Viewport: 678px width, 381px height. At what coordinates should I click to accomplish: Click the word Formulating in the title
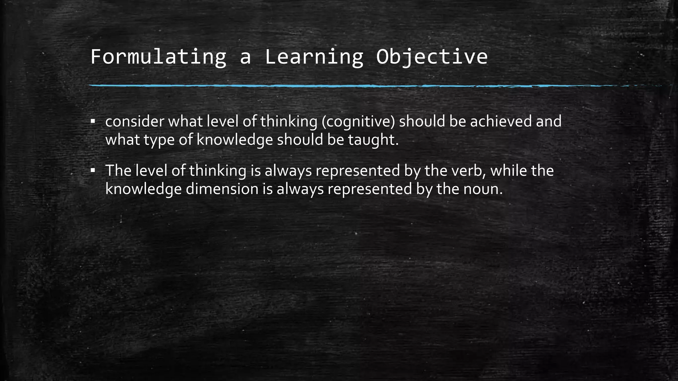158,57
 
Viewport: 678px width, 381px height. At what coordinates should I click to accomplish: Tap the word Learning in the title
314,57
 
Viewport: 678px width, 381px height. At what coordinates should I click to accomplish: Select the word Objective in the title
432,57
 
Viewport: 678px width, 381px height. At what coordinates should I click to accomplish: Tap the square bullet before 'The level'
93,170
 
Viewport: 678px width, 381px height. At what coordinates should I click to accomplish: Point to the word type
159,140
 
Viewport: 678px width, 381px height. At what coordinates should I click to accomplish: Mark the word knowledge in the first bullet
235,140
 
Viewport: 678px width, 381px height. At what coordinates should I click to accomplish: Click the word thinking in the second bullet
218,171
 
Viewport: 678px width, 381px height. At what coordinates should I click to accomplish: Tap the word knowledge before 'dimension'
143,189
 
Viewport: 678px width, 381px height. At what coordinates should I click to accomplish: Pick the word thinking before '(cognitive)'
289,122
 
